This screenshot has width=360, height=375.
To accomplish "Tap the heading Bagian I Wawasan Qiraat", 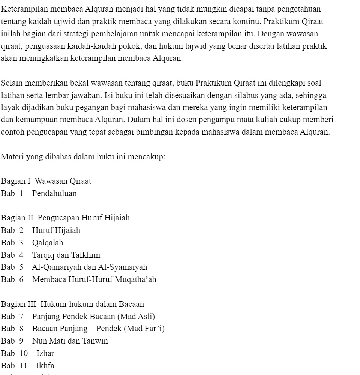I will (46, 181).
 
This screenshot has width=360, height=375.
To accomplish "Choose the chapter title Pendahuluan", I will (54, 194).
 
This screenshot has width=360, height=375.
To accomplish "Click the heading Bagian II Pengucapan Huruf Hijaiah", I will (65, 218).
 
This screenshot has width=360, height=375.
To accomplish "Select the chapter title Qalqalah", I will (48, 243).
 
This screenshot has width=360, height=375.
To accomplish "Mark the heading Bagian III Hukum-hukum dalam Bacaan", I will (72, 304).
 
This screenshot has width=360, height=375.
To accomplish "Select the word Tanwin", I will (95, 341).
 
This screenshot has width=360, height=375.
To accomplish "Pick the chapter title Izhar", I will (45, 353).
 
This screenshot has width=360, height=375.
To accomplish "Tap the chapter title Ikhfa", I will (45, 366).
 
